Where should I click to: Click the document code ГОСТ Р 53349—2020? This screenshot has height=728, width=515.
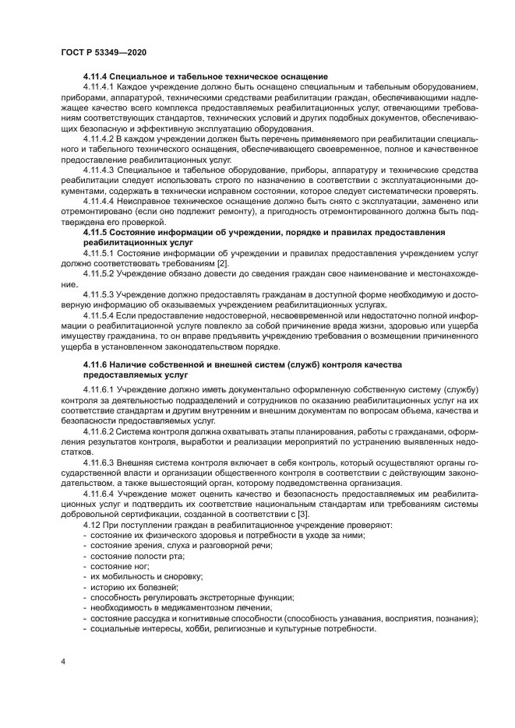(103, 51)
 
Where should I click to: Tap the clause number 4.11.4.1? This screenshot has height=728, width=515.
(98, 88)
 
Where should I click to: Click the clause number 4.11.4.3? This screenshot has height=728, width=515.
(98, 169)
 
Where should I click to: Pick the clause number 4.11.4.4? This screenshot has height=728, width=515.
(98, 200)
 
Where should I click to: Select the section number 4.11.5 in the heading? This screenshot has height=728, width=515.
(96, 231)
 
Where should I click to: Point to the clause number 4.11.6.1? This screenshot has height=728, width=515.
(98, 389)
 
